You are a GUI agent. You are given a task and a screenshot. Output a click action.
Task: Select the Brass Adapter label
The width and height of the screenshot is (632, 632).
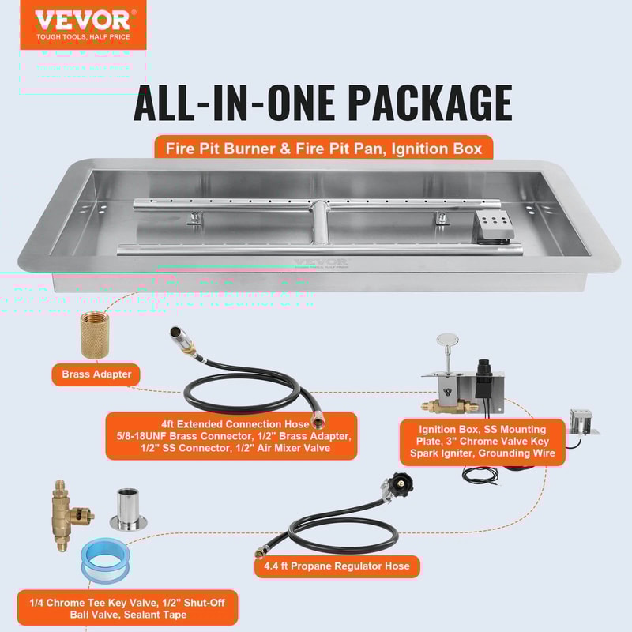coord(96,373)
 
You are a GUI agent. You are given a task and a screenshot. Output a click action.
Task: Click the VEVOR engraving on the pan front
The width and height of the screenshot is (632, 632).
coord(321,263)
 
